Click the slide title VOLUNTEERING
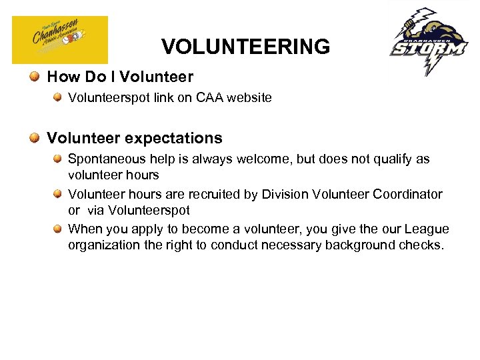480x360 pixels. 245,47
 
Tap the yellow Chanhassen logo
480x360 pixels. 60,40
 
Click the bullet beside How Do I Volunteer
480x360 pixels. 34,78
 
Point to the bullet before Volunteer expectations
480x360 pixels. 34,138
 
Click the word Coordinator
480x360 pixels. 407,195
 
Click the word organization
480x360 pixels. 101,245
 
